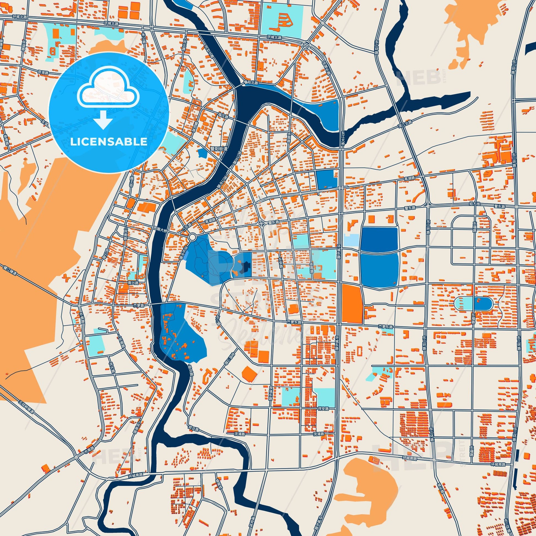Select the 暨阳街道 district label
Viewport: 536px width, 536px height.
[219, 149]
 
